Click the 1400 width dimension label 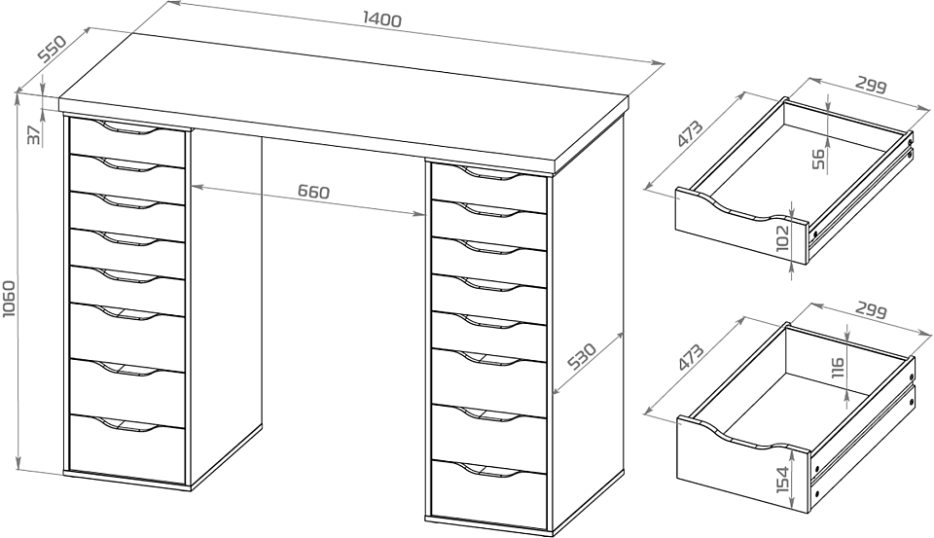pos(382,19)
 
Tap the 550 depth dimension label pos(52,49)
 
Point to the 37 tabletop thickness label pos(35,134)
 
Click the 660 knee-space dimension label pos(313,192)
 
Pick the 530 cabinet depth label pos(582,356)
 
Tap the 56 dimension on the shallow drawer pos(819,160)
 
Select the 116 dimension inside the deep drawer pos(837,368)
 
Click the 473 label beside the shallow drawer pos(691,134)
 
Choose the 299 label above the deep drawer pos(872,310)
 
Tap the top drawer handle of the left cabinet pos(128,126)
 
